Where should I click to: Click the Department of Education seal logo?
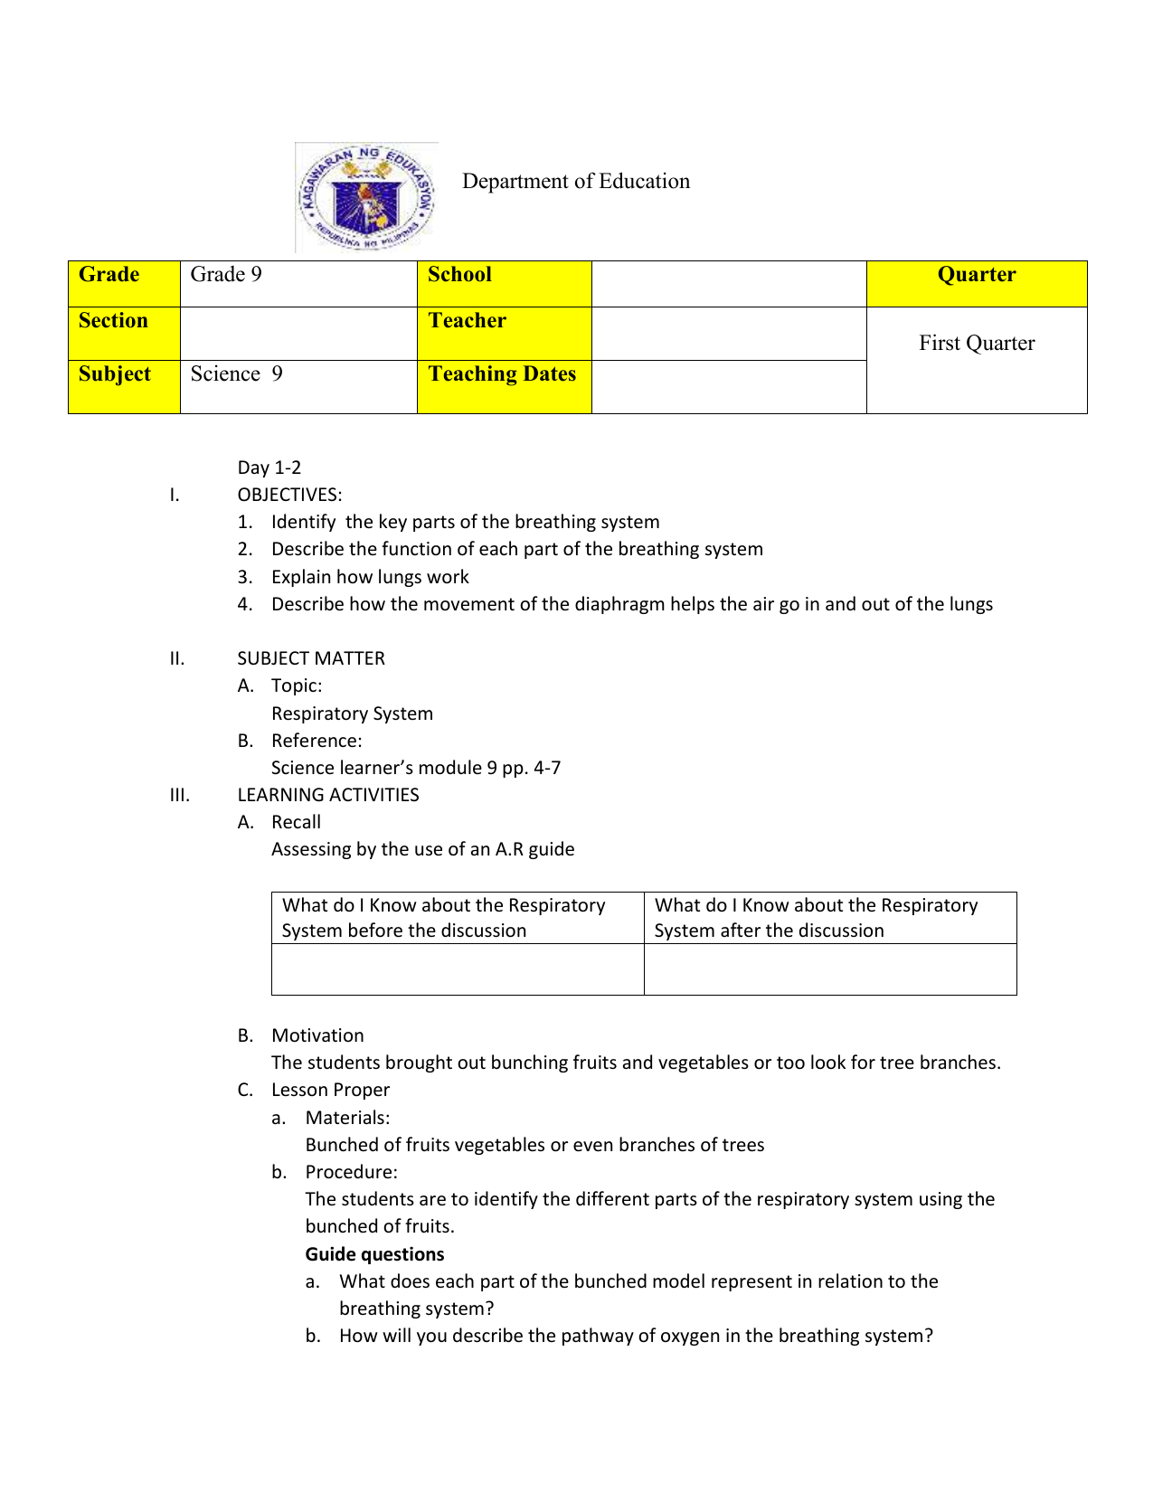pyautogui.click(x=366, y=197)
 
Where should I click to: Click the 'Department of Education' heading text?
pyautogui.click(x=575, y=181)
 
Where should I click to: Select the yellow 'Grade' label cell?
pyautogui.click(x=124, y=283)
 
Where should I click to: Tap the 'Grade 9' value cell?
pyautogui.click(x=298, y=283)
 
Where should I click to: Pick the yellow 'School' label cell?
pyautogui.click(x=504, y=283)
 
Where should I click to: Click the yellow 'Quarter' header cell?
pyautogui.click(x=976, y=283)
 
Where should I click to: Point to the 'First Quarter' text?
pyautogui.click(x=976, y=343)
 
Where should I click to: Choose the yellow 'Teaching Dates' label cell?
pyautogui.click(x=504, y=386)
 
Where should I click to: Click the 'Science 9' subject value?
pyautogui.click(x=237, y=374)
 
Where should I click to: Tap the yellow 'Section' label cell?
pyautogui.click(x=124, y=333)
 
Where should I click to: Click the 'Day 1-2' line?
pyautogui.click(x=269, y=468)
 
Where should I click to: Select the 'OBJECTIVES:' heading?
pyautogui.click(x=289, y=495)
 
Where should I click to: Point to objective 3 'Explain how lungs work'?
pyautogui.click(x=370, y=577)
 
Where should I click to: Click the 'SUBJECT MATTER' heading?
pyautogui.click(x=310, y=658)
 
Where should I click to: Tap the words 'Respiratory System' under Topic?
pyautogui.click(x=352, y=713)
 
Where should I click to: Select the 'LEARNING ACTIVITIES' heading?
pyautogui.click(x=327, y=795)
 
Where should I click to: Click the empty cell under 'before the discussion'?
pyautogui.click(x=458, y=969)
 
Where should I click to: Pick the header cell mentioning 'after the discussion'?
pyautogui.click(x=829, y=918)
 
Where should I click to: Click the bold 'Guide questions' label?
pyautogui.click(x=374, y=1254)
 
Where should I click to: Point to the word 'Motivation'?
pyautogui.click(x=317, y=1035)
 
